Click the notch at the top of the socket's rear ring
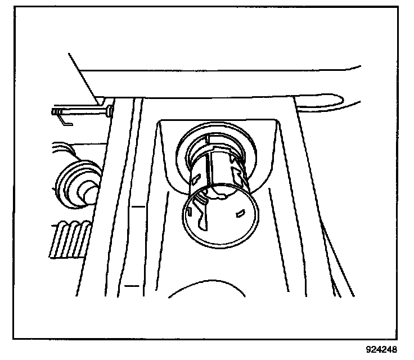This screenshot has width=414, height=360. [210, 138]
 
